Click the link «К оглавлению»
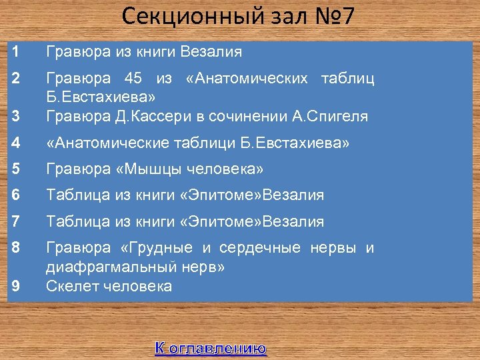click(x=211, y=347)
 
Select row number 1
click(x=15, y=51)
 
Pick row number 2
click(x=15, y=79)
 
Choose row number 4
click(x=15, y=143)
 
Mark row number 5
click(x=15, y=169)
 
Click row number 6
click(x=15, y=195)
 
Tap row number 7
click(x=15, y=221)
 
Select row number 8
click(x=15, y=248)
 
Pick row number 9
click(x=15, y=286)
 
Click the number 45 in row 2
click(x=134, y=79)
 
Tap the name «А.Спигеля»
click(x=329, y=116)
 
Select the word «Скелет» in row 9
click(x=69, y=287)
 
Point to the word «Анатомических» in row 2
click(x=250, y=79)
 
